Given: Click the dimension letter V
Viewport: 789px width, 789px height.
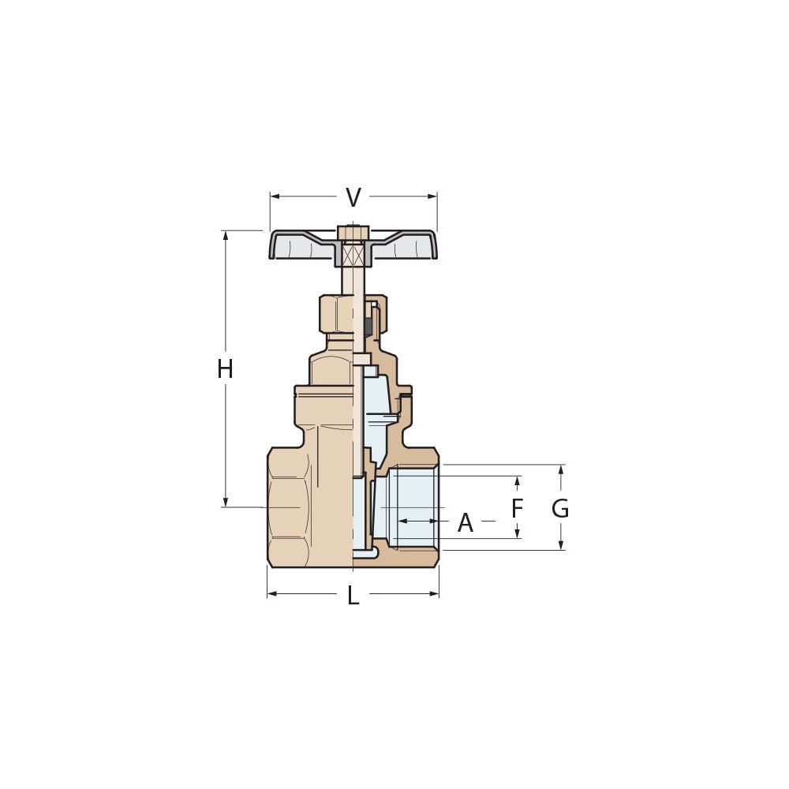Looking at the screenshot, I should (353, 198).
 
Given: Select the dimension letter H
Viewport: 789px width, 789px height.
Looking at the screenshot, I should (225, 369).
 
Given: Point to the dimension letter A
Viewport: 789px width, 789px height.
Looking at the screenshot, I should (466, 523).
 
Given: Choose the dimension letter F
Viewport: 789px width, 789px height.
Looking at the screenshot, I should (517, 509).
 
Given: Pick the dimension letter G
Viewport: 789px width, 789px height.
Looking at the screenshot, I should (560, 509).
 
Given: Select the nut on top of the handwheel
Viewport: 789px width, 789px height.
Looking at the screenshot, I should (353, 233).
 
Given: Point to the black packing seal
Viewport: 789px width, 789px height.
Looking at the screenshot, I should (368, 325).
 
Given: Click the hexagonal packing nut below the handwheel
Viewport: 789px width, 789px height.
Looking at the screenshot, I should (335, 314).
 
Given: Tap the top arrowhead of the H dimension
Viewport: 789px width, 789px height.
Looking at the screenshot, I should (226, 235).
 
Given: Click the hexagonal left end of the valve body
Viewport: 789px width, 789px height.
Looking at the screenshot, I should (288, 507).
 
